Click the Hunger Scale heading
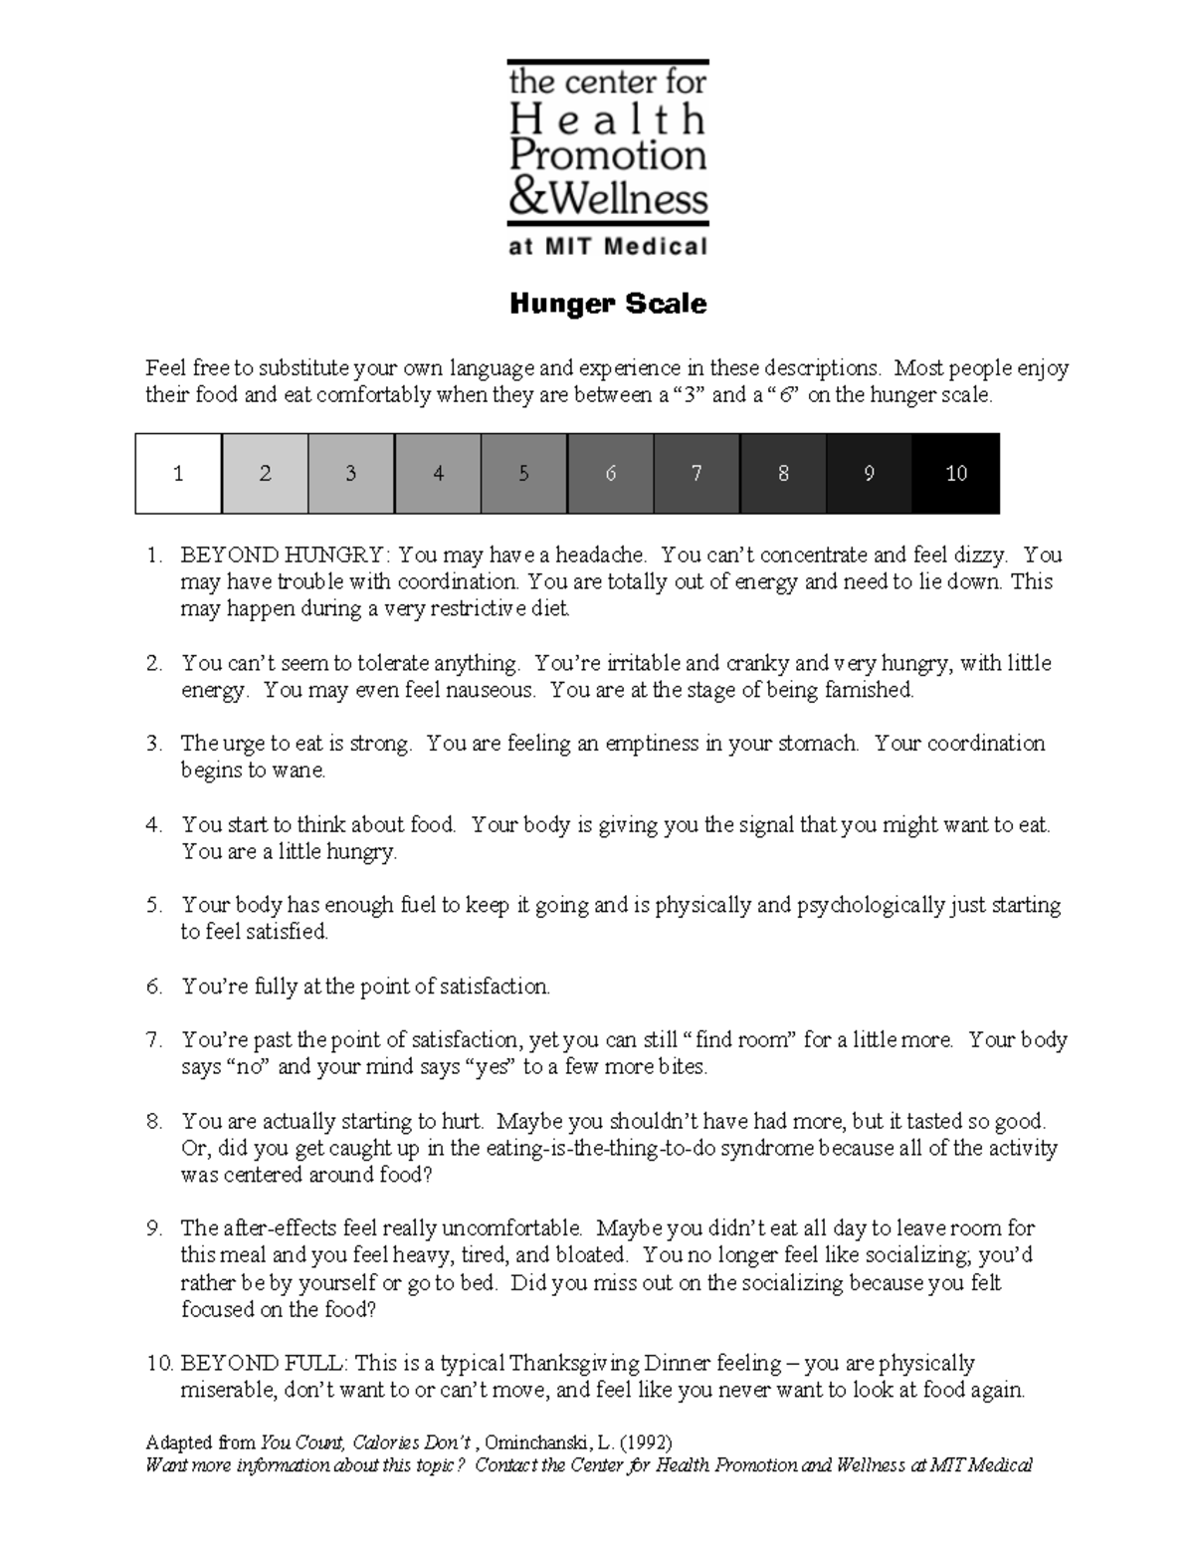tap(608, 304)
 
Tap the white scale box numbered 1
tap(178, 474)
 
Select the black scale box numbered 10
tap(956, 474)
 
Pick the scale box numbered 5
tap(523, 474)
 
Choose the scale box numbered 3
tap(351, 474)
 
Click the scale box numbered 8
tap(783, 474)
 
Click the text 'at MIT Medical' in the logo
tap(608, 247)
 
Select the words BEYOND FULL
tap(263, 1363)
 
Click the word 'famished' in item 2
tap(868, 690)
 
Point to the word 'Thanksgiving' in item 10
tap(576, 1363)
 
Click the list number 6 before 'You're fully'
tap(154, 987)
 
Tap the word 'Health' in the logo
tap(608, 120)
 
